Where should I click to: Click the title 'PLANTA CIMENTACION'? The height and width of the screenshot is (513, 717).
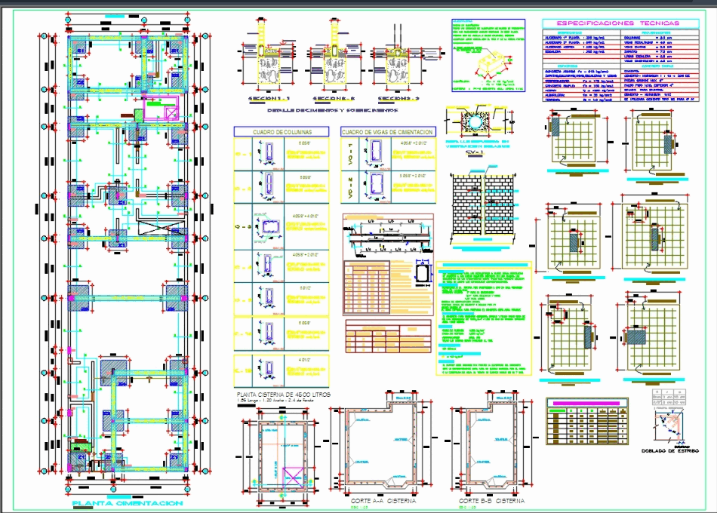(127, 503)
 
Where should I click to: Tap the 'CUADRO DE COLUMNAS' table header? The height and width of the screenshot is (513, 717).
(282, 131)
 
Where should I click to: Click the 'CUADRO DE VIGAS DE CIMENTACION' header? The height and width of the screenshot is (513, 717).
(387, 131)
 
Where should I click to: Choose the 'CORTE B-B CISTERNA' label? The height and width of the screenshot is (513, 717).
(491, 501)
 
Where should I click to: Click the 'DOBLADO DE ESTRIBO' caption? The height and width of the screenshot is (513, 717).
(668, 451)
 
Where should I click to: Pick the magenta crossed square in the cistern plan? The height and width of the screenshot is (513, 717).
(291, 478)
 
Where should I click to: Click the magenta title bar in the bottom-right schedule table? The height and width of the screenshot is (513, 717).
(586, 404)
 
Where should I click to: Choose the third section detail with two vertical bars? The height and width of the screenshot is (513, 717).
(397, 68)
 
